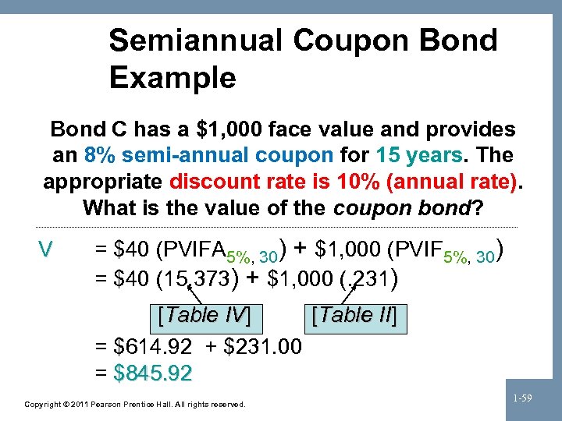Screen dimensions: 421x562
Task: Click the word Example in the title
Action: [173, 77]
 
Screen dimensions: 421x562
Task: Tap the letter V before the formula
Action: [46, 249]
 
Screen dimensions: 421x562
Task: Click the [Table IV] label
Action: [204, 316]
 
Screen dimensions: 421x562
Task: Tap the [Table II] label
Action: [354, 316]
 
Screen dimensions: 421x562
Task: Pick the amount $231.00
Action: [263, 345]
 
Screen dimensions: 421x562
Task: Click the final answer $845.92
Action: [152, 373]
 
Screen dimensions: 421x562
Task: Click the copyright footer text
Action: [135, 405]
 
